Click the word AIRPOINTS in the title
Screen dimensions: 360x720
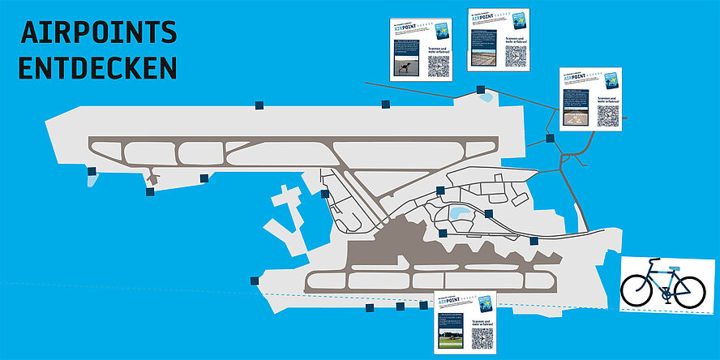(98, 32)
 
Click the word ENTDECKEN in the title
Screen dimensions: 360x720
(97, 67)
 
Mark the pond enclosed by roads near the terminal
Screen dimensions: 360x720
(460, 214)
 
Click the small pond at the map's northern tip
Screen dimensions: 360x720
(486, 98)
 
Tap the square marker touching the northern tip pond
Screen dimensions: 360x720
(480, 91)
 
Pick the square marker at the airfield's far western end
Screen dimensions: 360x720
(91, 171)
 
